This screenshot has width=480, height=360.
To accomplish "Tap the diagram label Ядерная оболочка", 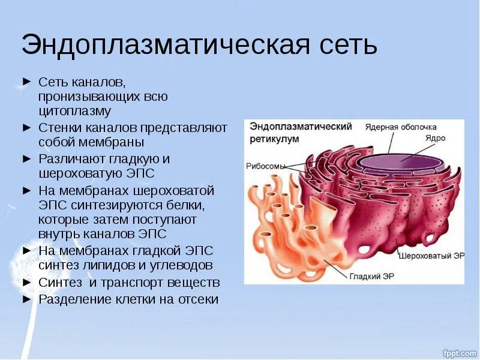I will point(401,127).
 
